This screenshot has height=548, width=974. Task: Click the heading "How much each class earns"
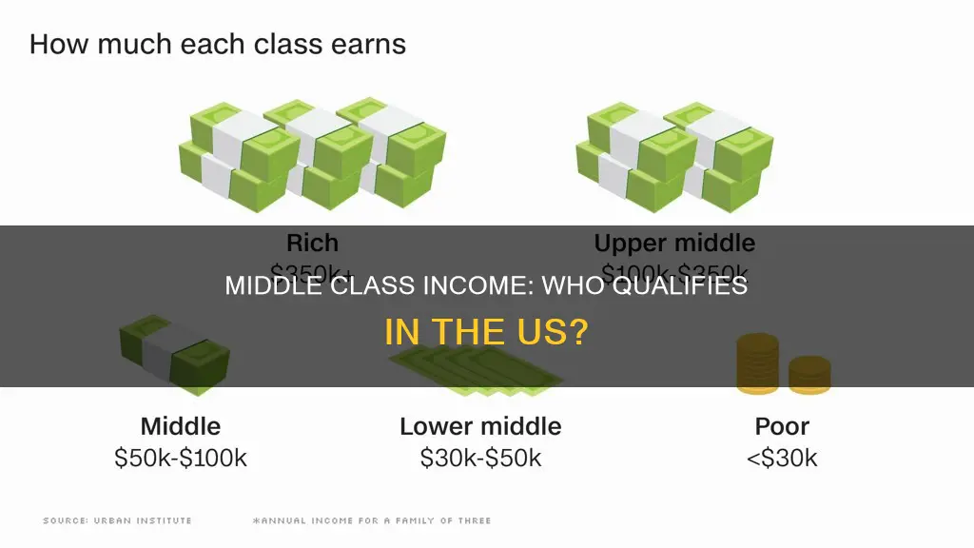click(x=218, y=45)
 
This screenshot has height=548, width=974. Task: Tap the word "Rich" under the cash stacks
click(x=312, y=243)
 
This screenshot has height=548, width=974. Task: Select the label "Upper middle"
click(x=674, y=243)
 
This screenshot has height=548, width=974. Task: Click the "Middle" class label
click(x=181, y=425)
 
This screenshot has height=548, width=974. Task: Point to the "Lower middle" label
click(x=480, y=425)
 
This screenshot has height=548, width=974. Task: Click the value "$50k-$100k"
click(x=181, y=458)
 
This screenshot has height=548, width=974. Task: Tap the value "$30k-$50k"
click(x=480, y=458)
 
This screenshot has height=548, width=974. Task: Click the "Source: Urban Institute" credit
click(x=117, y=520)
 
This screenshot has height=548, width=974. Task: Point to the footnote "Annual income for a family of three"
click(x=371, y=520)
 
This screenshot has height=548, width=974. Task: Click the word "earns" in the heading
click(x=369, y=45)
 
